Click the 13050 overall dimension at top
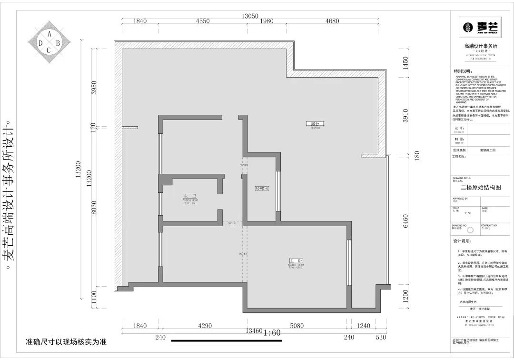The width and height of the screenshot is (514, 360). (250, 16)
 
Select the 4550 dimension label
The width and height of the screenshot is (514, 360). (202, 21)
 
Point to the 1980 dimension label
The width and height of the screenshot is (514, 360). (267, 21)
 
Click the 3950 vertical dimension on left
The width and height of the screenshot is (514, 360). (94, 87)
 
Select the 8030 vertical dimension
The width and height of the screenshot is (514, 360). (94, 209)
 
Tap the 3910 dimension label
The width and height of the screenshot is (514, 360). (405, 116)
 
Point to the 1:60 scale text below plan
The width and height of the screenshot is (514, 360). (272, 332)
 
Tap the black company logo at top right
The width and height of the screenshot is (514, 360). (479, 28)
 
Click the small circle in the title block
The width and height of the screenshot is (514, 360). (471, 230)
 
